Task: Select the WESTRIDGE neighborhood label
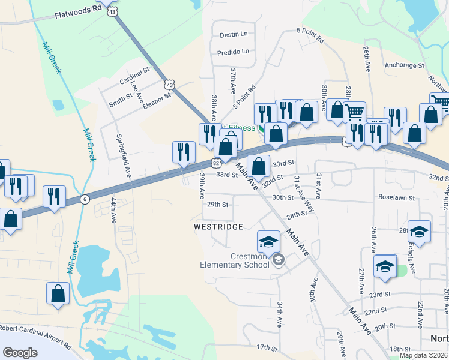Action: point(218,227)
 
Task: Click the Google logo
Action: point(20,353)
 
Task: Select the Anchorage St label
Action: point(404,65)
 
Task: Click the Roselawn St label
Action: point(397,197)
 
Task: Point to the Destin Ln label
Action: point(234,35)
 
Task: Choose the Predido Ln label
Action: point(233,52)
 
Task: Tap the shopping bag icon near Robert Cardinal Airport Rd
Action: point(58,293)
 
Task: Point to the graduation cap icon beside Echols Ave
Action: point(419,232)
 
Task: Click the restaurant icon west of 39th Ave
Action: point(183,152)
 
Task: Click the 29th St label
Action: point(218,205)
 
